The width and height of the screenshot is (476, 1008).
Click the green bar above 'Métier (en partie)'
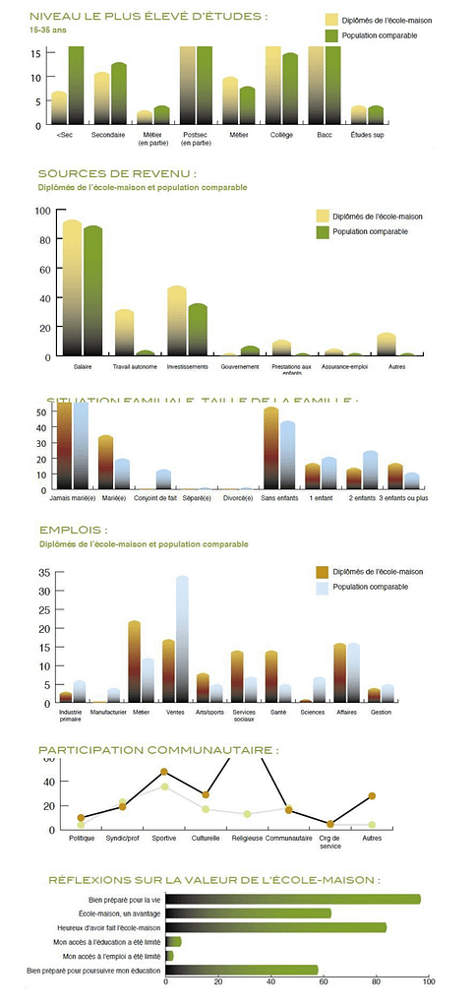tap(161, 114)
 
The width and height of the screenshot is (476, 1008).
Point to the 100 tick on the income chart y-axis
tap(42, 211)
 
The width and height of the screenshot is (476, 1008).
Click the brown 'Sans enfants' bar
tap(271, 448)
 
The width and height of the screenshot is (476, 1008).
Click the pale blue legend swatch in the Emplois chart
tap(321, 589)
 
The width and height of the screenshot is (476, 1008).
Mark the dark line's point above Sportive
tap(164, 771)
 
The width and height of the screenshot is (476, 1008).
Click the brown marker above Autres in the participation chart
tap(372, 795)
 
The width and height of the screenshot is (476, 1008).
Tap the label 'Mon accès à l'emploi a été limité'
tap(111, 956)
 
